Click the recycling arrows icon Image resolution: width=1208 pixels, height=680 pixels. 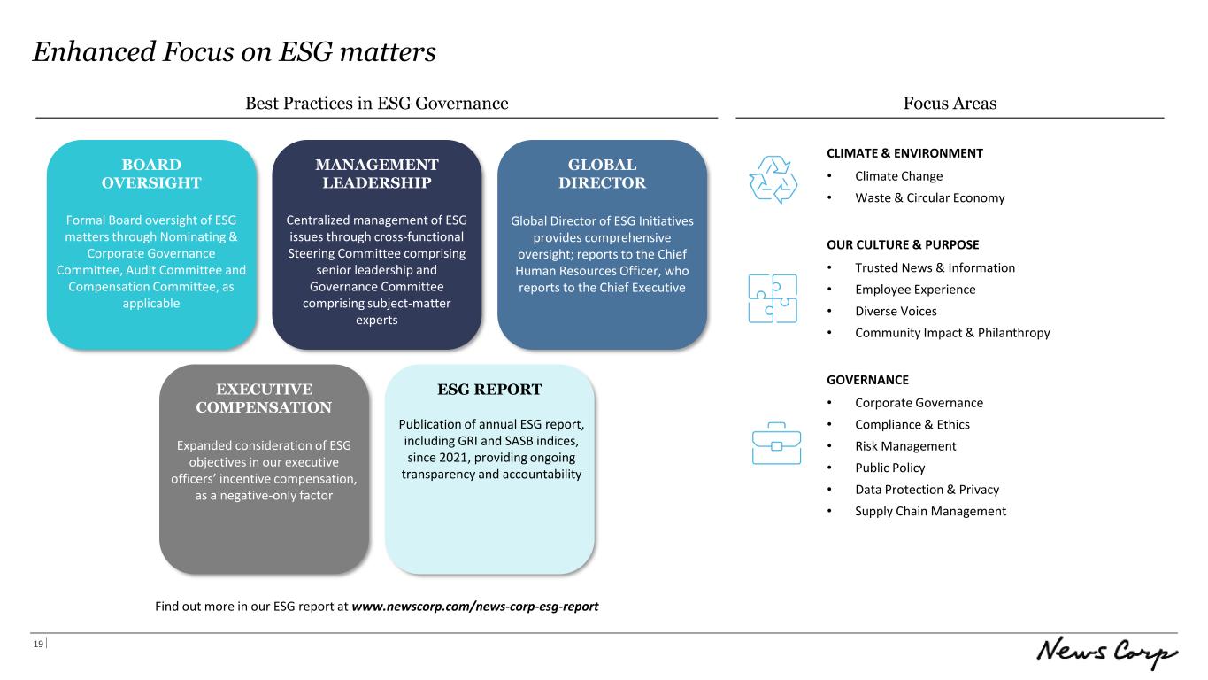pos(773,180)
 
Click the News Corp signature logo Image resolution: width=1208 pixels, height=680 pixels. pos(1106,652)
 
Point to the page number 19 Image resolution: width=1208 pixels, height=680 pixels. pos(38,644)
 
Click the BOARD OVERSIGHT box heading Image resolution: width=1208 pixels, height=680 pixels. pos(151,174)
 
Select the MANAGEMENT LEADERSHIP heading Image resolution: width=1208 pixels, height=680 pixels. pos(376,174)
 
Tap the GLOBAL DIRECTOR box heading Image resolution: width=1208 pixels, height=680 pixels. pos(602,174)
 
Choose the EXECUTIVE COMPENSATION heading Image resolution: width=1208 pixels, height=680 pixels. pos(264,398)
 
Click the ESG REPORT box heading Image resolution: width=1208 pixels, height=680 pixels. pos(489,389)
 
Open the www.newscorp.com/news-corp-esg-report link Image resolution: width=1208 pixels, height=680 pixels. pos(474,606)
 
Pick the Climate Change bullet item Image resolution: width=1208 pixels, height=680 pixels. pos(898,176)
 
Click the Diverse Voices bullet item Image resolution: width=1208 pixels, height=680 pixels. pos(896,311)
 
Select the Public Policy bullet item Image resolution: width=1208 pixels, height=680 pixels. pos(889,467)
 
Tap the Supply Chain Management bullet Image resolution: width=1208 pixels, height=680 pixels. pos(930,511)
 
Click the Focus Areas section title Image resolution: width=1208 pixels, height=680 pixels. pos(950,103)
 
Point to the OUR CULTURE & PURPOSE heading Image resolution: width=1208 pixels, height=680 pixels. pos(903,244)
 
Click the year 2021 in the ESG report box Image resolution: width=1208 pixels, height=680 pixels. pos(452,457)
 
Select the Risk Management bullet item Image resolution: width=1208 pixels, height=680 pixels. pos(905,445)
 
